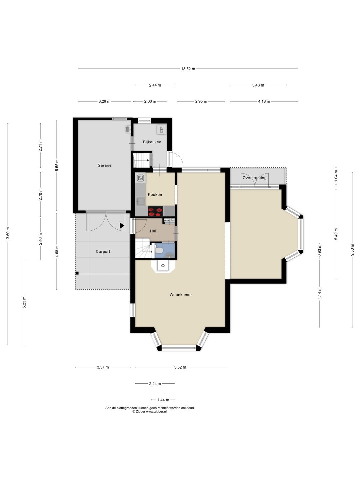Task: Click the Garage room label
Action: click(104, 165)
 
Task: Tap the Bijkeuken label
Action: click(152, 142)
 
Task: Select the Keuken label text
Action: click(155, 194)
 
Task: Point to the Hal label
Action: click(153, 231)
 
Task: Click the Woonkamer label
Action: click(181, 295)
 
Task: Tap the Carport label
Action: click(103, 251)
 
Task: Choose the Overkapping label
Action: click(255, 178)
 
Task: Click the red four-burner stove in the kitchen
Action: click(155, 211)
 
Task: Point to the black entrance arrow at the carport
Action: click(122, 226)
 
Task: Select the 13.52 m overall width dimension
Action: click(188, 69)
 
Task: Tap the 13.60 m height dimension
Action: click(8, 234)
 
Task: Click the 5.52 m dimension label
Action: click(180, 367)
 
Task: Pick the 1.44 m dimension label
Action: click(163, 400)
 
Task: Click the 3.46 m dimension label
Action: click(258, 85)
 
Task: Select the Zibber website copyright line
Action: click(150, 411)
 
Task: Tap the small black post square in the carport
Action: click(77, 273)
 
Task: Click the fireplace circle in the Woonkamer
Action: click(163, 265)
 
